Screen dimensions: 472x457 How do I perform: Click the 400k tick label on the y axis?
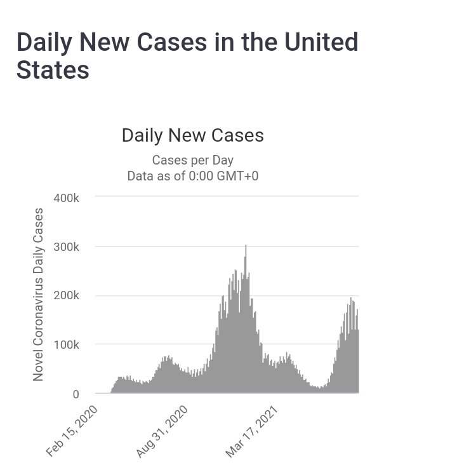[67, 198]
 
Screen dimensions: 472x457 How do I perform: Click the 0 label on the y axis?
[76, 394]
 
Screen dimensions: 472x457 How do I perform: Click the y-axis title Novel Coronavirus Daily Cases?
[39, 294]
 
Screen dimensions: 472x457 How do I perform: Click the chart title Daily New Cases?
[192, 136]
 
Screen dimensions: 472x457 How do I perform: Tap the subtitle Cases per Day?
[192, 161]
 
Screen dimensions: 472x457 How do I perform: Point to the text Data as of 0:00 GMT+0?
[192, 176]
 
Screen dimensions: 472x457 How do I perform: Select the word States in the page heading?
[53, 71]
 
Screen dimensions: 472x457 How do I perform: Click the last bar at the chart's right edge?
[358, 362]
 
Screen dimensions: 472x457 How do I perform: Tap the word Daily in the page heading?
[52, 43]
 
